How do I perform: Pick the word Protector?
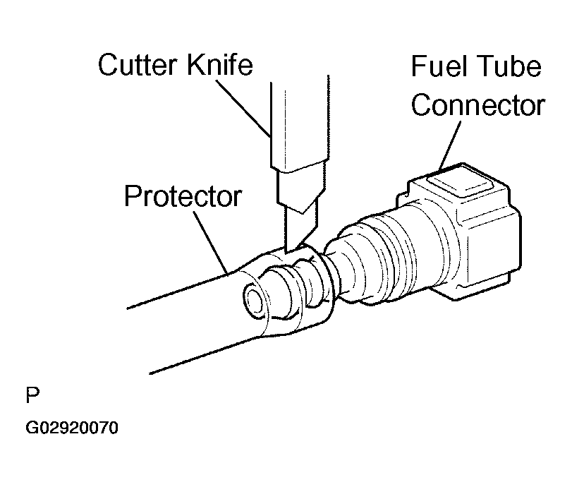(x=183, y=196)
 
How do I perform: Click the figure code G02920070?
(x=72, y=428)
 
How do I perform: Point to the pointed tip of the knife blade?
(x=288, y=248)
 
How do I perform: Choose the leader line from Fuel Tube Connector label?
(x=451, y=145)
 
